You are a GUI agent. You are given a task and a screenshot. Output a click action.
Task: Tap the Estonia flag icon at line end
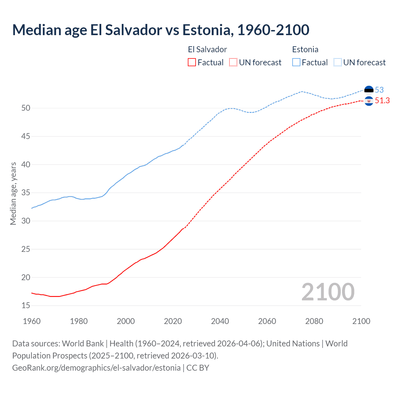(369, 90)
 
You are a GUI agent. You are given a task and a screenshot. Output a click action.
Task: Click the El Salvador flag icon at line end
(369, 101)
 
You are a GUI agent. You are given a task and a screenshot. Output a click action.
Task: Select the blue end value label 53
(379, 90)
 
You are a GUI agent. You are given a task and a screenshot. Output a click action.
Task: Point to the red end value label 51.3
(382, 101)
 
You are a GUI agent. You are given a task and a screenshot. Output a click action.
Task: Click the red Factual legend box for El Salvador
(192, 62)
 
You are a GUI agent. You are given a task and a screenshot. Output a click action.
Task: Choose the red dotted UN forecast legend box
(233, 62)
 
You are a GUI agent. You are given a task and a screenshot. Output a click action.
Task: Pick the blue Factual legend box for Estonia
(296, 62)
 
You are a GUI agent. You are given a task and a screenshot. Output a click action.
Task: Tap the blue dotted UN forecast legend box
(338, 62)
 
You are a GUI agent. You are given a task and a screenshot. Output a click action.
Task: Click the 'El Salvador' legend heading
(207, 49)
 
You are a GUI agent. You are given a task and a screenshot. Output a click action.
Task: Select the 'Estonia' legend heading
(305, 49)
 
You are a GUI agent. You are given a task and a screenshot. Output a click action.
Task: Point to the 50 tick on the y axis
(26, 108)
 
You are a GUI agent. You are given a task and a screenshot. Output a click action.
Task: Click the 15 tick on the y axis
(26, 306)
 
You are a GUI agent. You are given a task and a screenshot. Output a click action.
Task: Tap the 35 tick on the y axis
(26, 193)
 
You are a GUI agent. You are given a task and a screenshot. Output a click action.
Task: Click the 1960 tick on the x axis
(32, 321)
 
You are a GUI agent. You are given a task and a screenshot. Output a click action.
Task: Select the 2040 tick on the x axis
(220, 321)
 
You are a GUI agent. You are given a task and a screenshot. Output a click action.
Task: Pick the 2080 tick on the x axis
(314, 321)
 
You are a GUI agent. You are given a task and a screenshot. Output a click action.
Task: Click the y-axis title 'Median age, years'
(13, 193)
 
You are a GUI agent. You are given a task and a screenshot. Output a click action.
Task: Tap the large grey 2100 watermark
(328, 292)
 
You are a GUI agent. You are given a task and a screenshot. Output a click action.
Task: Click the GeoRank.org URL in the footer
(96, 368)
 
